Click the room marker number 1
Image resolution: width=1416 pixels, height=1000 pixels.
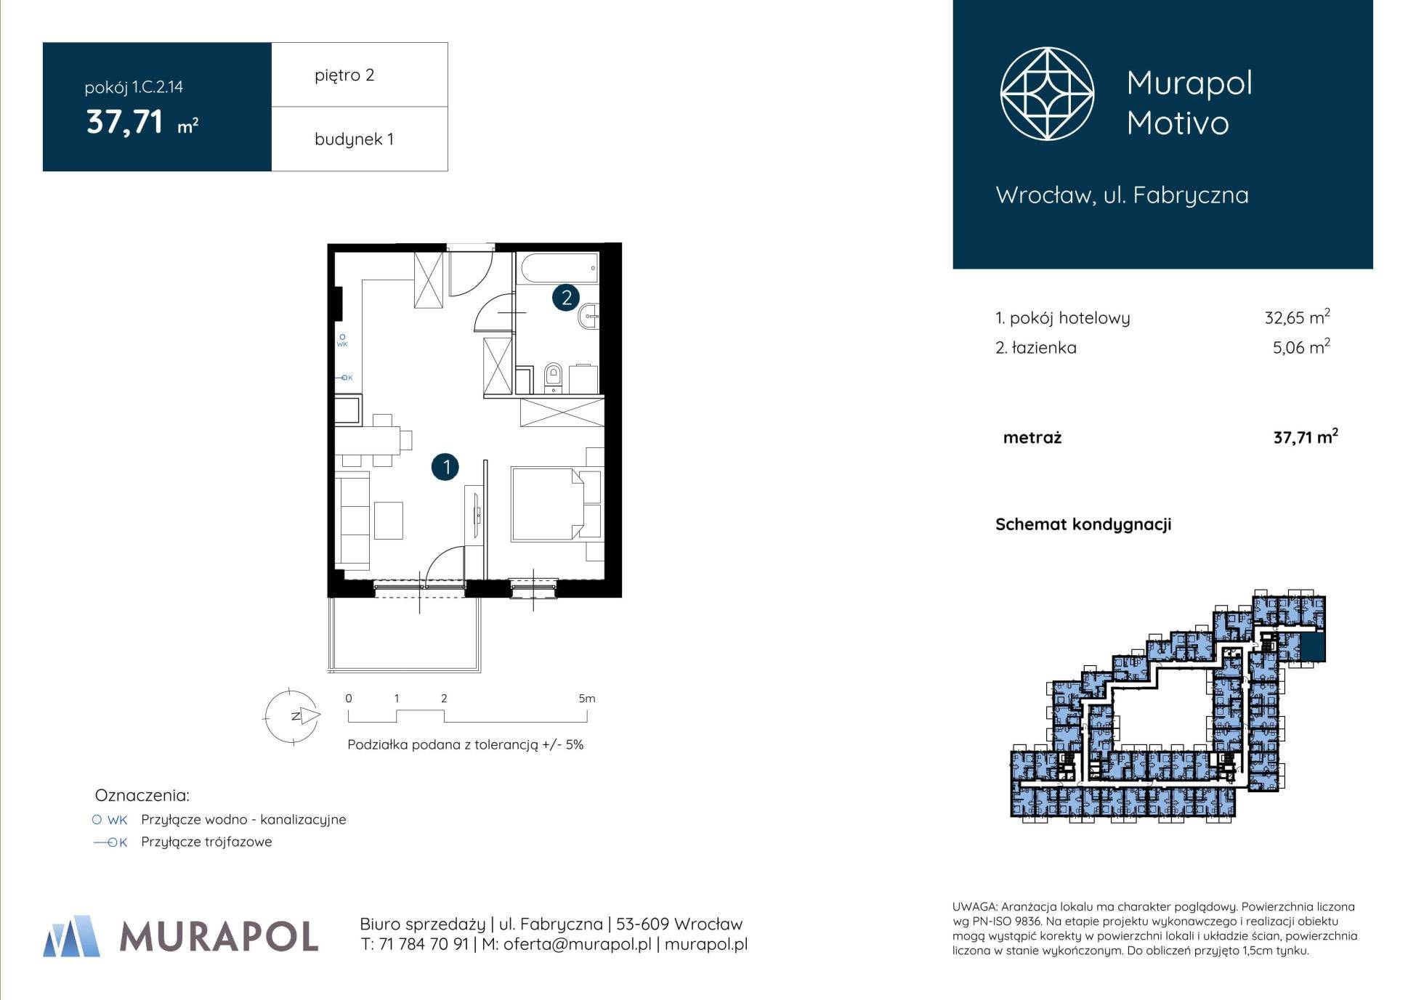(445, 466)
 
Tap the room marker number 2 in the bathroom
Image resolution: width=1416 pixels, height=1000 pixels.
(566, 297)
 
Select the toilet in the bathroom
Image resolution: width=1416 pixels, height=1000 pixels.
(553, 377)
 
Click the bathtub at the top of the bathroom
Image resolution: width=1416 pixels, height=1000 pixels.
(558, 268)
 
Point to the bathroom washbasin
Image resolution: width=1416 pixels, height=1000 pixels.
(589, 315)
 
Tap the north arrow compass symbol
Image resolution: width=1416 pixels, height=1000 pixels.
(292, 716)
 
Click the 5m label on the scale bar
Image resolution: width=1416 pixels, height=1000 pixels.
(586, 699)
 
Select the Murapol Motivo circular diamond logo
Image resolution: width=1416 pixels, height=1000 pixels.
(1047, 94)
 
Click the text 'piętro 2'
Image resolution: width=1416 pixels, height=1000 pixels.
(344, 76)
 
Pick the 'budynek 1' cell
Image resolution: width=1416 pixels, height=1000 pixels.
(360, 139)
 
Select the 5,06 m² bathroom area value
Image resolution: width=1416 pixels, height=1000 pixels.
(1301, 346)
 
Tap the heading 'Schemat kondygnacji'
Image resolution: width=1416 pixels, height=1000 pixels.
(1083, 524)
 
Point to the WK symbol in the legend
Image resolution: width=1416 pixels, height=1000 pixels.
(110, 820)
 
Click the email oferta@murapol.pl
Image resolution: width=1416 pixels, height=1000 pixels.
(577, 944)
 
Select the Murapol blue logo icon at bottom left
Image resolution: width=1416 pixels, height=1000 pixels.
(71, 936)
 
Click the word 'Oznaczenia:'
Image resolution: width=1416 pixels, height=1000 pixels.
(142, 795)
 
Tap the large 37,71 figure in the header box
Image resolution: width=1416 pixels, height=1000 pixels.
(124, 121)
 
